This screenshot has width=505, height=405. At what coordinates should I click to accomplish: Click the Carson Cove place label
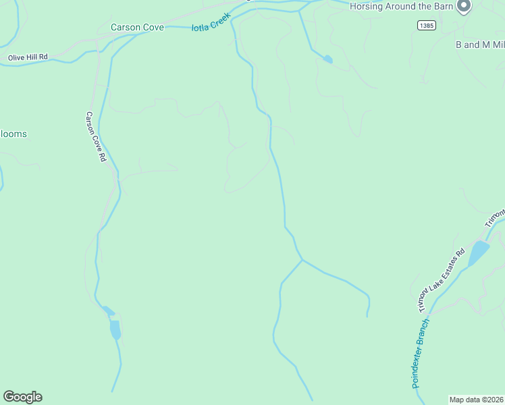tap(137, 28)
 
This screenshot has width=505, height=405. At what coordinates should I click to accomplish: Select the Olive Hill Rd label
tap(28, 57)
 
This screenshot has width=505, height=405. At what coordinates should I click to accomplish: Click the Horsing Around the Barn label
tap(401, 7)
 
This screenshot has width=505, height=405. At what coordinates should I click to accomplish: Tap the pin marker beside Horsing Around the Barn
tap(463, 6)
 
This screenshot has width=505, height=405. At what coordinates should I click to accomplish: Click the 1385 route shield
tap(426, 25)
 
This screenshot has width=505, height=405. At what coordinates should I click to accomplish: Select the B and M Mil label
tap(479, 45)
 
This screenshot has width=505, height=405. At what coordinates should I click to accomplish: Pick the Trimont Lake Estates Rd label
tap(442, 281)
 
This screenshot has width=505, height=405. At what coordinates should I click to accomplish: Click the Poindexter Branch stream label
tap(421, 353)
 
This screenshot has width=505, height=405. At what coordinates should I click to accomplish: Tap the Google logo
tap(22, 397)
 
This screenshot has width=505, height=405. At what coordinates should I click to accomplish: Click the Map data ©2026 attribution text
tap(476, 399)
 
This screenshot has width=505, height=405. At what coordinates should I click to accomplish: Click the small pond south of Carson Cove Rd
tap(115, 329)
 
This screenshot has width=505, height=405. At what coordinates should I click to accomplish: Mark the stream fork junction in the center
tap(302, 259)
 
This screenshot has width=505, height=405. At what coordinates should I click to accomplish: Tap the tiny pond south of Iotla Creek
tap(327, 59)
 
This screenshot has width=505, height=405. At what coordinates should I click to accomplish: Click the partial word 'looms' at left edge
tap(14, 134)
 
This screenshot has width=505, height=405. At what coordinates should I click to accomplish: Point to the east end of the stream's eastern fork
tap(367, 315)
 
